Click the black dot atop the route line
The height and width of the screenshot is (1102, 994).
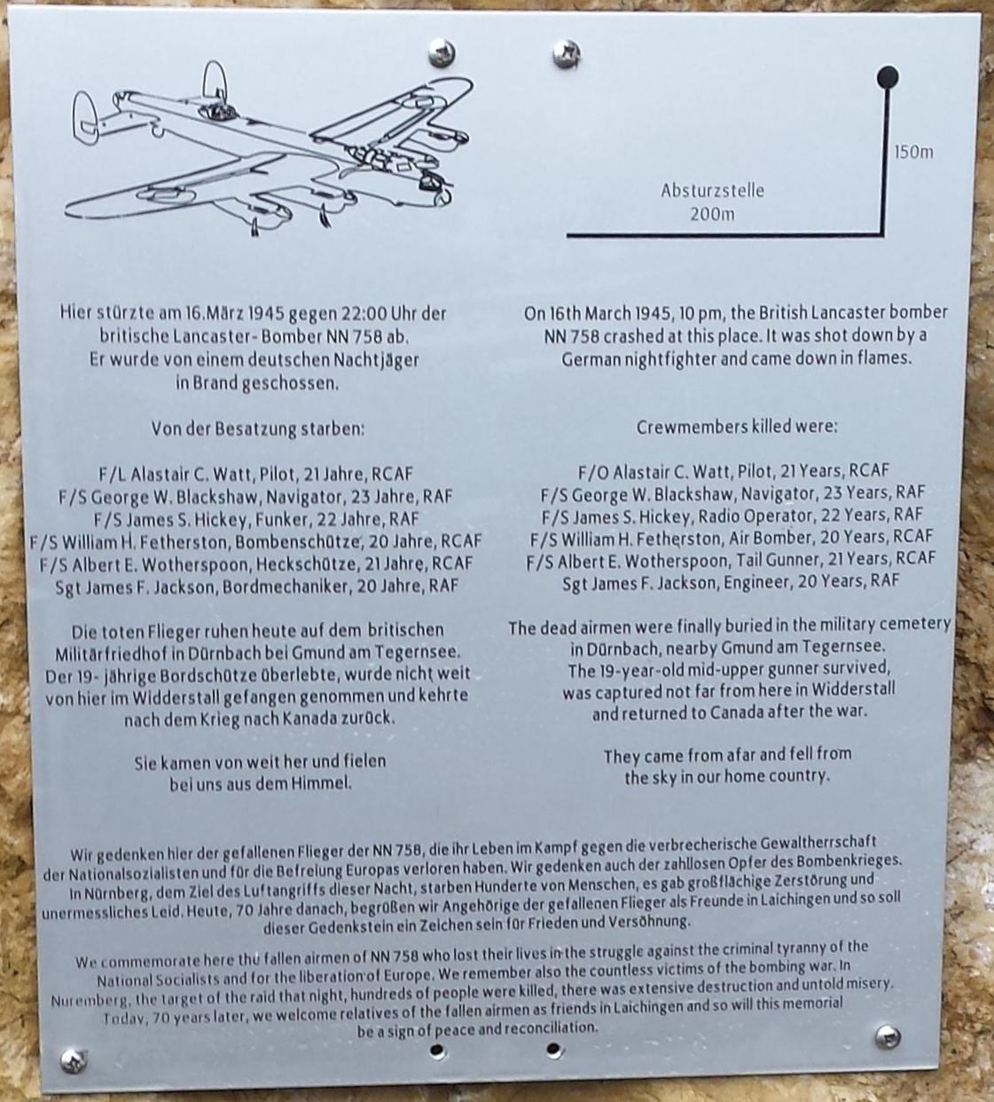(888, 77)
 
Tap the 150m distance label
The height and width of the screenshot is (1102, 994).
(914, 153)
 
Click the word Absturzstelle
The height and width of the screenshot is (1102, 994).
(712, 191)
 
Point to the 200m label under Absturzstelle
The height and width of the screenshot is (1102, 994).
(712, 214)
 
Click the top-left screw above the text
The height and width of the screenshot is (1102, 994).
(442, 52)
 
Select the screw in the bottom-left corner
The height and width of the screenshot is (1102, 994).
(74, 1060)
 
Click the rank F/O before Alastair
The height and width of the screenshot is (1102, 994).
(593, 472)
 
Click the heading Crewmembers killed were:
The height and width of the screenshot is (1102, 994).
(737, 427)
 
